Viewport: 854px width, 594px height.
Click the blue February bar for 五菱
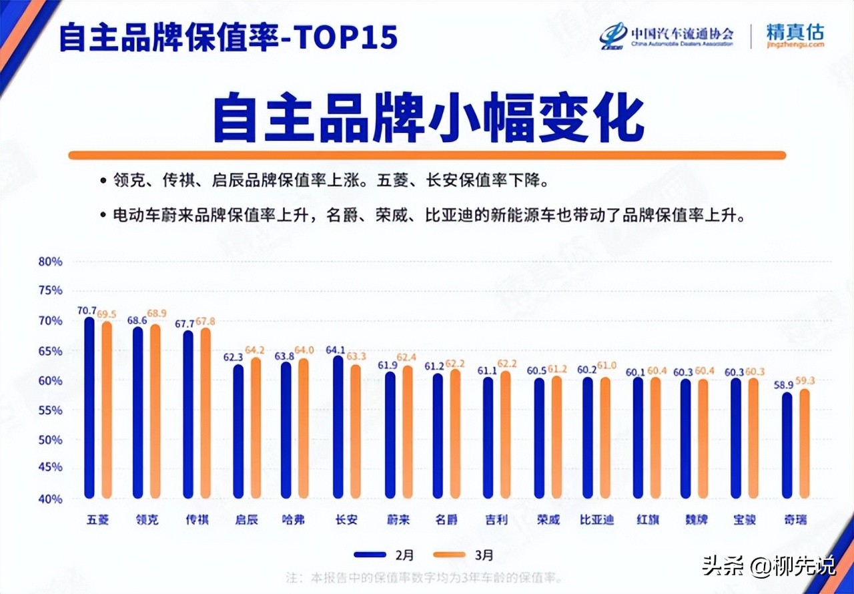coord(89,407)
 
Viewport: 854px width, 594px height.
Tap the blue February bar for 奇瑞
coord(787,445)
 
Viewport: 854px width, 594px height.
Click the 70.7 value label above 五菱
coord(86,310)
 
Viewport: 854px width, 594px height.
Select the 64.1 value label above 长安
coord(336,349)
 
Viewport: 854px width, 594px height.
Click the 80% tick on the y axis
coord(50,262)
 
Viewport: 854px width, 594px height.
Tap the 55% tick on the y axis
coord(50,410)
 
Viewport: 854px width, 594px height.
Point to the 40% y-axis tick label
coord(50,499)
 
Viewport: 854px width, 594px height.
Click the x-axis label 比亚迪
coord(596,519)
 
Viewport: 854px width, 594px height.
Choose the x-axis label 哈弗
coord(293,519)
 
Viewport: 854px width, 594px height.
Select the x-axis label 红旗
coord(647,519)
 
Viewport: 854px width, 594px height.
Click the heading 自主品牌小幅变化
coord(428,119)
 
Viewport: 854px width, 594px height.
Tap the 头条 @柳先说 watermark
coord(768,567)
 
